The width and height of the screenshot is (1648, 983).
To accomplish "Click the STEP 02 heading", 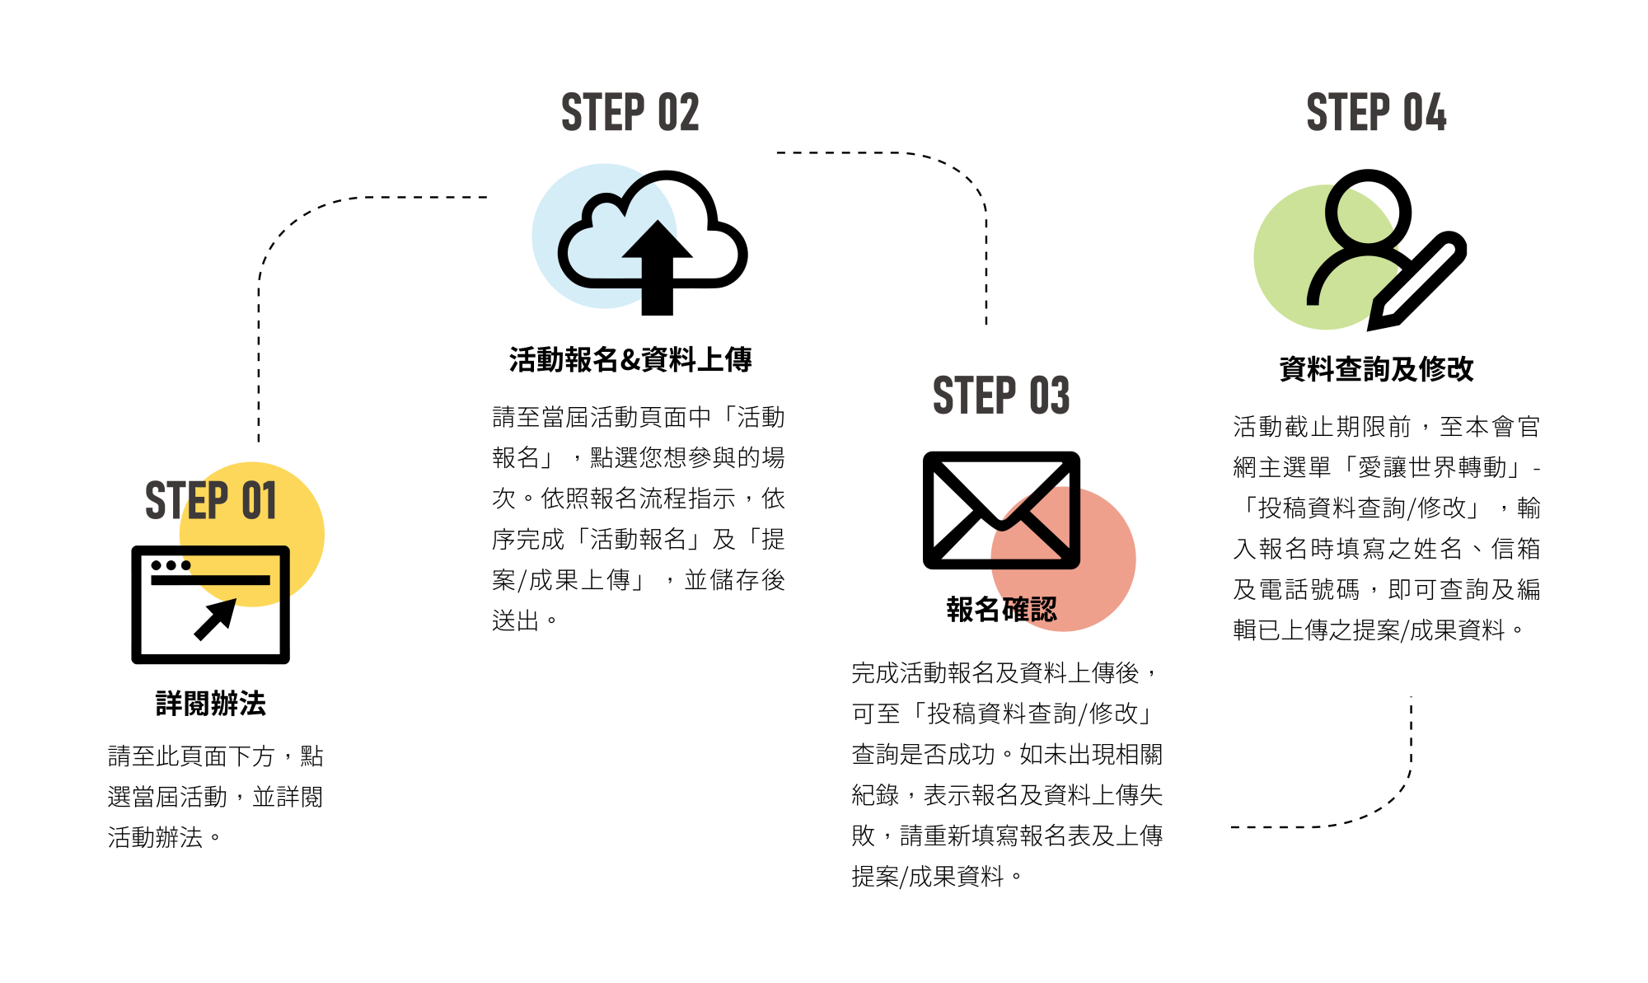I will point(630,113).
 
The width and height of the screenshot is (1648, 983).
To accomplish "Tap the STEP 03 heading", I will point(1001,396).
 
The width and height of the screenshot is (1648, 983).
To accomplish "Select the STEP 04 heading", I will point(1376,113).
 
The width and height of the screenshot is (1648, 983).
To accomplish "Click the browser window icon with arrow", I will point(211,604).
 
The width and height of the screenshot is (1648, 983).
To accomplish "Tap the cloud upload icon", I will point(653,239).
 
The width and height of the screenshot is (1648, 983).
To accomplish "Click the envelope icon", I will point(1001,510).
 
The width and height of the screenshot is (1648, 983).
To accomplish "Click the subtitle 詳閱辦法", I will point(211,704).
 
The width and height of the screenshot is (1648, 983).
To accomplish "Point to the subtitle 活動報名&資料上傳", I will point(630,360).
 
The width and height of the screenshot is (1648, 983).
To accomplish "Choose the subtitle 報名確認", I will point(1001,610).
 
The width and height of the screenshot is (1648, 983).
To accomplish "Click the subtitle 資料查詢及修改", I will point(1376,369).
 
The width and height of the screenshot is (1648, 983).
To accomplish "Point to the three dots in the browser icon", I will point(171,565).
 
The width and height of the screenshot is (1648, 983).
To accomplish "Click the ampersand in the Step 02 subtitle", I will point(630,360).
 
